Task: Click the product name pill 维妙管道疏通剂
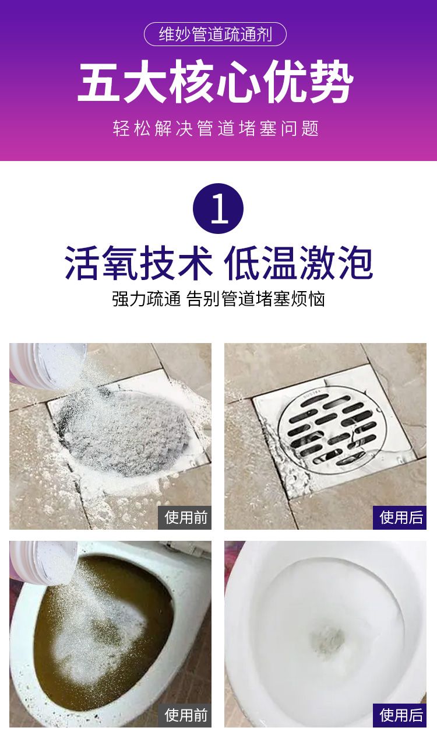pyautogui.click(x=215, y=34)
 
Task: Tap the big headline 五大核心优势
pyautogui.click(x=216, y=82)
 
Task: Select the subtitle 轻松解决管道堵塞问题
pyautogui.click(x=216, y=128)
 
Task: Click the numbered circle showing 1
pyautogui.click(x=218, y=208)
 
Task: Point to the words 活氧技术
pyautogui.click(x=139, y=263)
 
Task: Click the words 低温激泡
pyautogui.click(x=298, y=263)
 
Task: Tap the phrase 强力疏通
pyautogui.click(x=146, y=299)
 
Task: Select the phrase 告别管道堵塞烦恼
pyautogui.click(x=256, y=299)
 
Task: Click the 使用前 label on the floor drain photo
pyautogui.click(x=185, y=517)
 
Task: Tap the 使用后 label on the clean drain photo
pyautogui.click(x=400, y=517)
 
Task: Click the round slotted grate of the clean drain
pyautogui.click(x=333, y=428)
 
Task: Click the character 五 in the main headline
pyautogui.click(x=98, y=82)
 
